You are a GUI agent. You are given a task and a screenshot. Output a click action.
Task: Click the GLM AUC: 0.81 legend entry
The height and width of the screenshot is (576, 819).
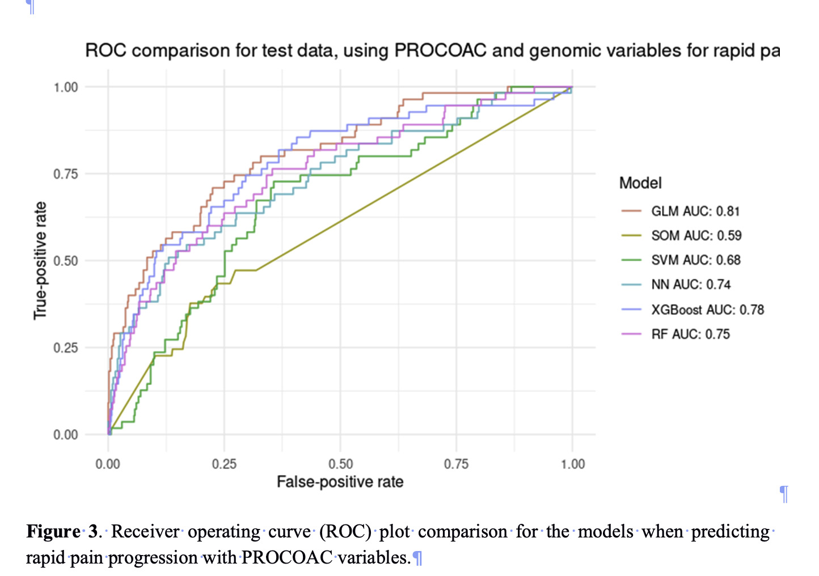[695, 211]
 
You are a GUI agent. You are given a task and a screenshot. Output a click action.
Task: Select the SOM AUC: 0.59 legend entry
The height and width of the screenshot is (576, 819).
[696, 236]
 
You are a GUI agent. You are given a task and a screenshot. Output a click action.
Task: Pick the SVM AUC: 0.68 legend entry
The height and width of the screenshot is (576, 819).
[695, 260]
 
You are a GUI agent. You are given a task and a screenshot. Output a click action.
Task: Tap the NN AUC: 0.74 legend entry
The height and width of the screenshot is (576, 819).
[690, 285]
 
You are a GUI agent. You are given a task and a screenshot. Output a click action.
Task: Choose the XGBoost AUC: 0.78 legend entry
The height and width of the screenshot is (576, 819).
[707, 310]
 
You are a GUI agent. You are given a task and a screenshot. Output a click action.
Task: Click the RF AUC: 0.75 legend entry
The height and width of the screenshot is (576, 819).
[690, 334]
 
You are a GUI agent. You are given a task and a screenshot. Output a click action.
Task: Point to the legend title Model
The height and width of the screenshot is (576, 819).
[640, 183]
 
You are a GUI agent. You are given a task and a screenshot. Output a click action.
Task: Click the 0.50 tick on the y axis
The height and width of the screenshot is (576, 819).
[66, 261]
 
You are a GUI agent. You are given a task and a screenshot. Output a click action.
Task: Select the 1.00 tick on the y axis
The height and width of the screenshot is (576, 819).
[66, 87]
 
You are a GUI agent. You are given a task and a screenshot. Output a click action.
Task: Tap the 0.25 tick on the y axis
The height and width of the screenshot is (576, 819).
[66, 348]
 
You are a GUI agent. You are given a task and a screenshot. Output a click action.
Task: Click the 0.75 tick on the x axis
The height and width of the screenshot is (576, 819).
[456, 464]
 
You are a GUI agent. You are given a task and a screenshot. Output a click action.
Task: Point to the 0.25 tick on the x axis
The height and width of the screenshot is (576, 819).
[224, 464]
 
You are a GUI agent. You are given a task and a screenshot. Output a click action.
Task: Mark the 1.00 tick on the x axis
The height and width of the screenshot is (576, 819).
[572, 464]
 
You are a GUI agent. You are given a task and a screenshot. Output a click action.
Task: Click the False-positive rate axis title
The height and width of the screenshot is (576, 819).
[340, 482]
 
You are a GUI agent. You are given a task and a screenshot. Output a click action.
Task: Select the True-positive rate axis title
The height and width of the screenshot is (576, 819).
[40, 260]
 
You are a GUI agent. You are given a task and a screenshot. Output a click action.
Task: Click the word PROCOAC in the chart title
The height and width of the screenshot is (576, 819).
[440, 51]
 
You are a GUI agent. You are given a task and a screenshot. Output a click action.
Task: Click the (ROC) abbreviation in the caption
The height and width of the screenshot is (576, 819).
[345, 532]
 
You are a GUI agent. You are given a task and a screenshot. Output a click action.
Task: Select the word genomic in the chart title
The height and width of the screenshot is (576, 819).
[565, 51]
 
